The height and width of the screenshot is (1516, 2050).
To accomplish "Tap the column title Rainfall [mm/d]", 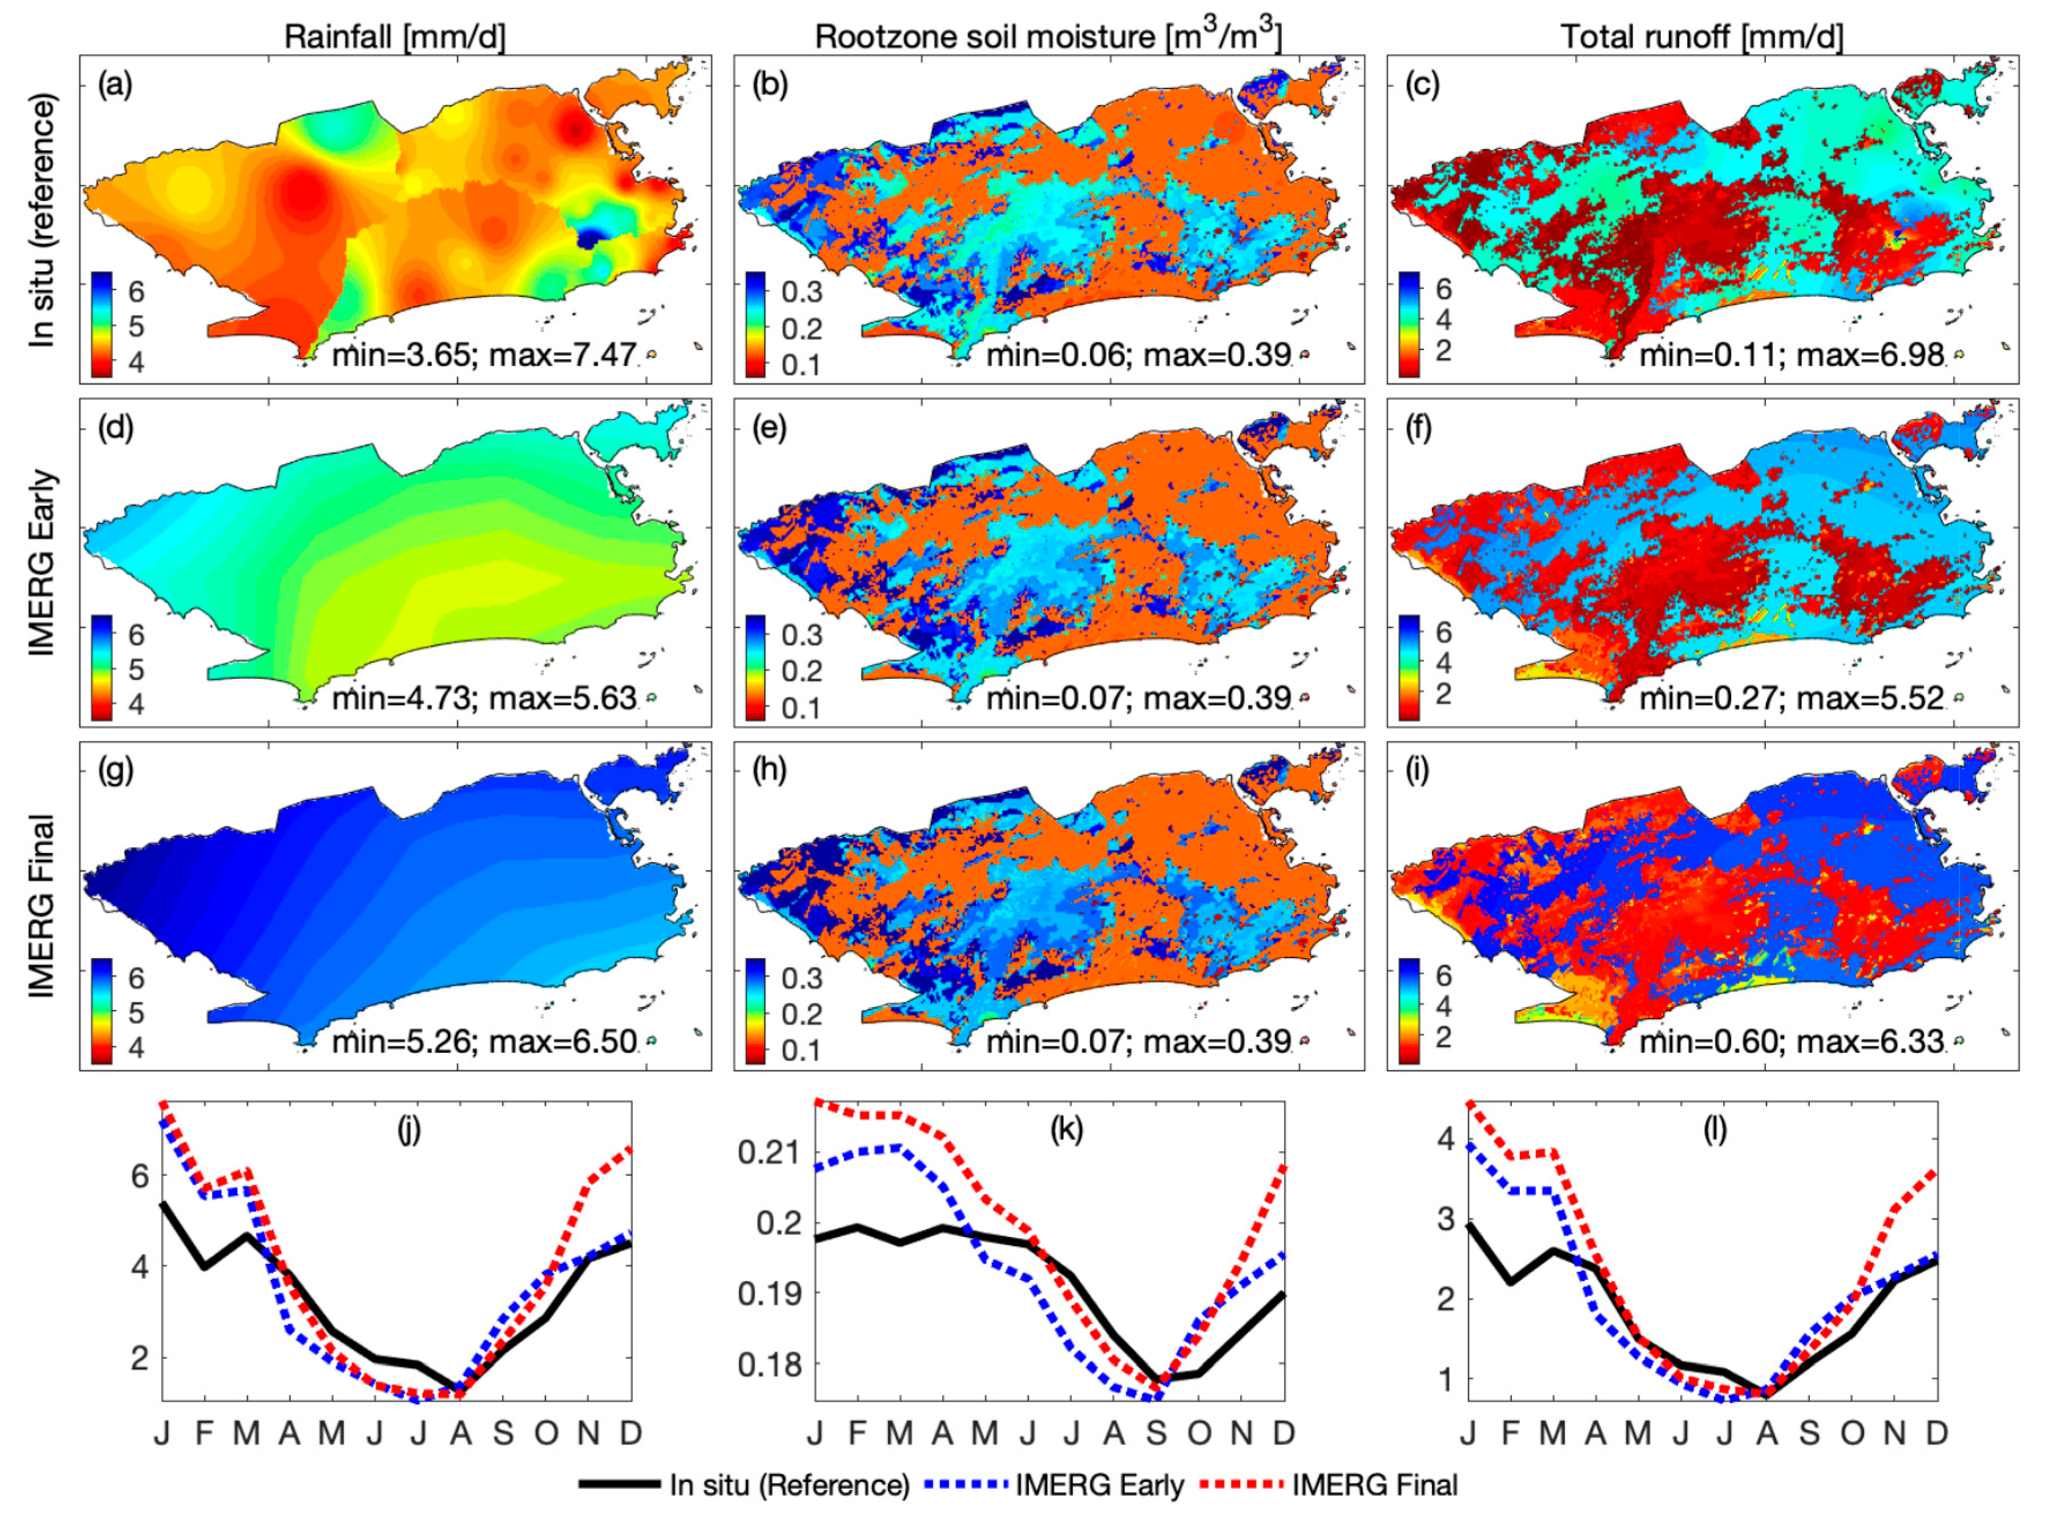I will pyautogui.click(x=394, y=37).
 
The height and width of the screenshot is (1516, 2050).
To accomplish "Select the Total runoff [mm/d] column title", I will pyautogui.click(x=1702, y=37).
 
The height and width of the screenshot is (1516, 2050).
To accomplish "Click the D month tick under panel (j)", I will pyautogui.click(x=631, y=1432).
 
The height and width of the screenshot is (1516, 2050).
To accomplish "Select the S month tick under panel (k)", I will pyautogui.click(x=1156, y=1432).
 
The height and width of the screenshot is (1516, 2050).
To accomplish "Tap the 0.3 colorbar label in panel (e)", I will pyautogui.click(x=801, y=635).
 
